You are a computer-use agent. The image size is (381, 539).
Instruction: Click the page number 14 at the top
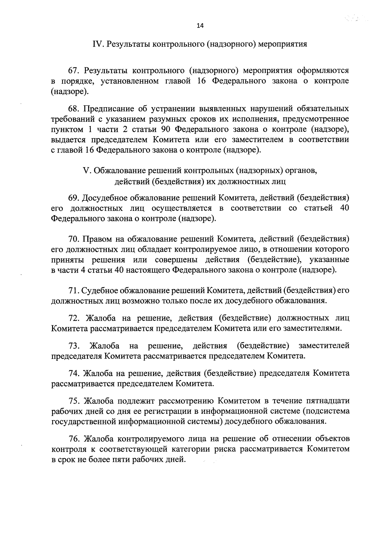pyautogui.click(x=200, y=26)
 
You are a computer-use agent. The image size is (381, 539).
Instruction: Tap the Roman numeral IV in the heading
pyautogui.click(x=96, y=44)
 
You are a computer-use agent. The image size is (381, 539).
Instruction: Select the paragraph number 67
pyautogui.click(x=74, y=70)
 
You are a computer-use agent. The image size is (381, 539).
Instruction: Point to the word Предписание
pyautogui.click(x=109, y=109)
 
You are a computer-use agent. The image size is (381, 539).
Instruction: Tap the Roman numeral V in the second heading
pyautogui.click(x=85, y=171)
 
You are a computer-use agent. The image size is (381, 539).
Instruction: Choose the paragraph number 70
pyautogui.click(x=74, y=239)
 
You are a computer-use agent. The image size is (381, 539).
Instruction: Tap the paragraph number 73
pyautogui.click(x=74, y=345)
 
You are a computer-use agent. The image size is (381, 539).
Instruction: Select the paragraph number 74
pyautogui.click(x=74, y=373)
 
